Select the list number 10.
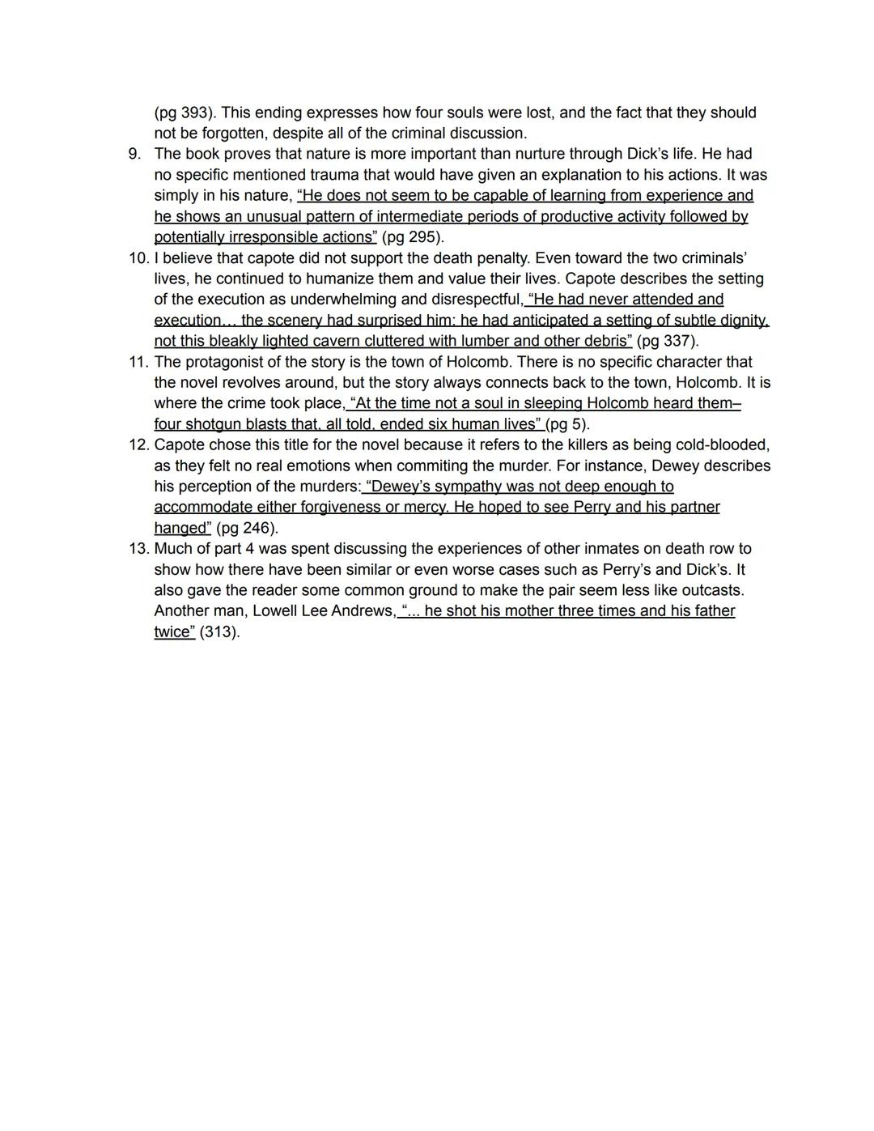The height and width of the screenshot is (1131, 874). pos(138,258)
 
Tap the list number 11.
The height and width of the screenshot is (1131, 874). pos(138,362)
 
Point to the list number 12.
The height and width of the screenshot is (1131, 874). pos(138,444)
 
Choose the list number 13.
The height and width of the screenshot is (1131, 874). pos(138,548)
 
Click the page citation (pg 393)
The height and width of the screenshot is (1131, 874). pos(183,113)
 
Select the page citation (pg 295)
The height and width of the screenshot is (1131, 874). pos(413,237)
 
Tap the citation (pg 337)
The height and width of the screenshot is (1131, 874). pos(668,341)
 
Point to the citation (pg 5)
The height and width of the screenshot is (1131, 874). pos(568,424)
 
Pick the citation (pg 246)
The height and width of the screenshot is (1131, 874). pos(247,528)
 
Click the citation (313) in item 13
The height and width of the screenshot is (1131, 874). pos(219,631)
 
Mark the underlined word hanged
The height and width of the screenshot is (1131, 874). pos(181,528)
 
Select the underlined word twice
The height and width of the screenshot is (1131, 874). pos(174,631)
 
